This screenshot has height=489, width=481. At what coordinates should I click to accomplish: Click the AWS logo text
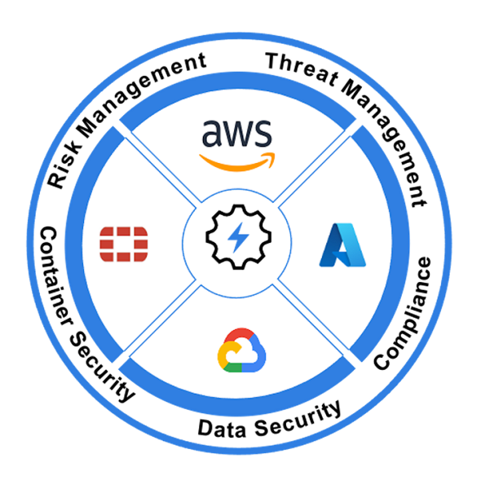coord(236,134)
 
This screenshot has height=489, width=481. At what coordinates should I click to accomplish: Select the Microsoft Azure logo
coord(342,245)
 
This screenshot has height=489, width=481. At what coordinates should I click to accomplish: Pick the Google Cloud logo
coord(241,350)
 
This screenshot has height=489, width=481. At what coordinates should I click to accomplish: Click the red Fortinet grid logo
coord(124,244)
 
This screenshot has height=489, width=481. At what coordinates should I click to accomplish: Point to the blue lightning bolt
coord(238,237)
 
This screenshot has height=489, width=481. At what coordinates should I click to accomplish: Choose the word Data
coord(222,429)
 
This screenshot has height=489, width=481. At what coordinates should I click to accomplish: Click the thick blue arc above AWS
coord(237,81)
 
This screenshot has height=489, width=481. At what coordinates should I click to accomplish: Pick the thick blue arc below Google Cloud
coord(237,407)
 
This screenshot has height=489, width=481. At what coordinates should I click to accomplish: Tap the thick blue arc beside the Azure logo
coord(400,243)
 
